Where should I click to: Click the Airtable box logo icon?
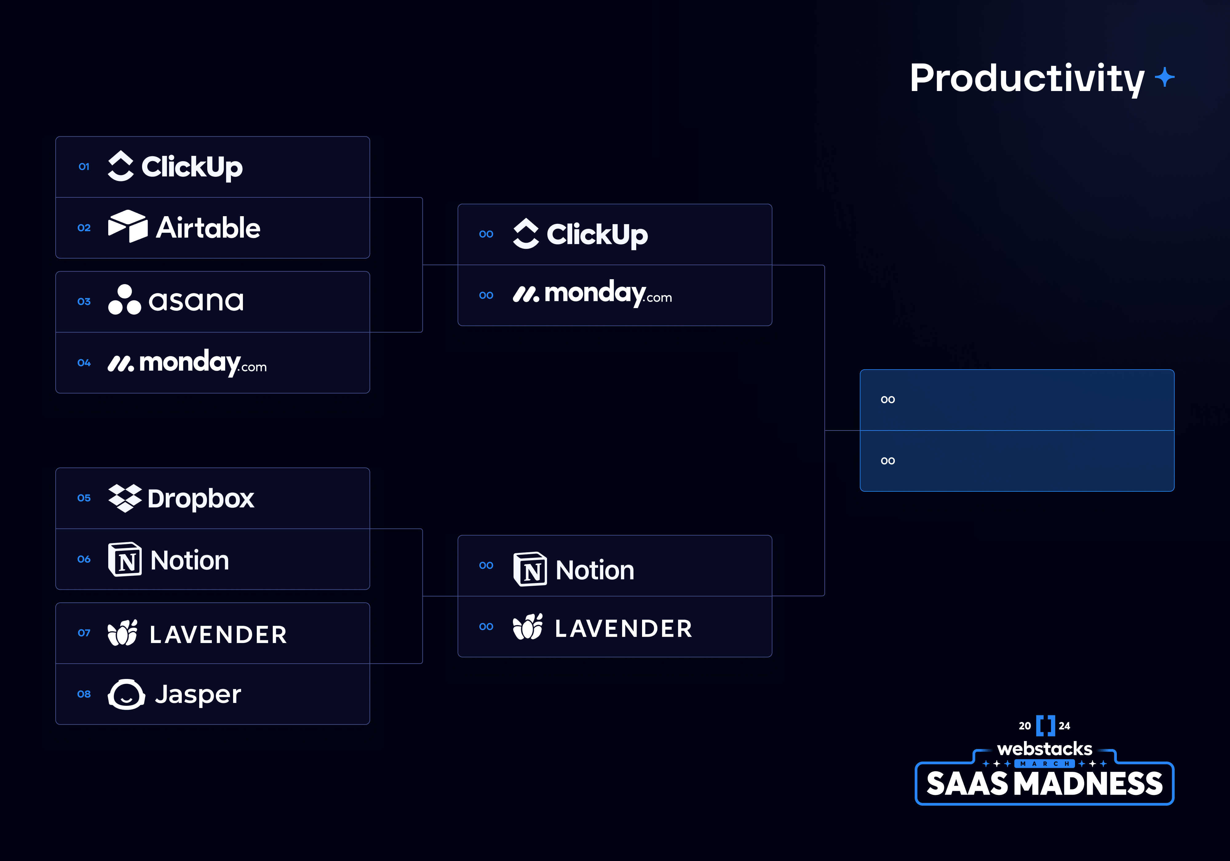[x=128, y=226]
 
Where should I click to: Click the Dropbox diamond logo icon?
[x=125, y=498]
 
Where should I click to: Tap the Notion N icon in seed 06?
[x=125, y=559]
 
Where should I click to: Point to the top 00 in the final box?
[x=888, y=400]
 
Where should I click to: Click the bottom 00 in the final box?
[x=888, y=461]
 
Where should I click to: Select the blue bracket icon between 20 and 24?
[x=1045, y=725]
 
